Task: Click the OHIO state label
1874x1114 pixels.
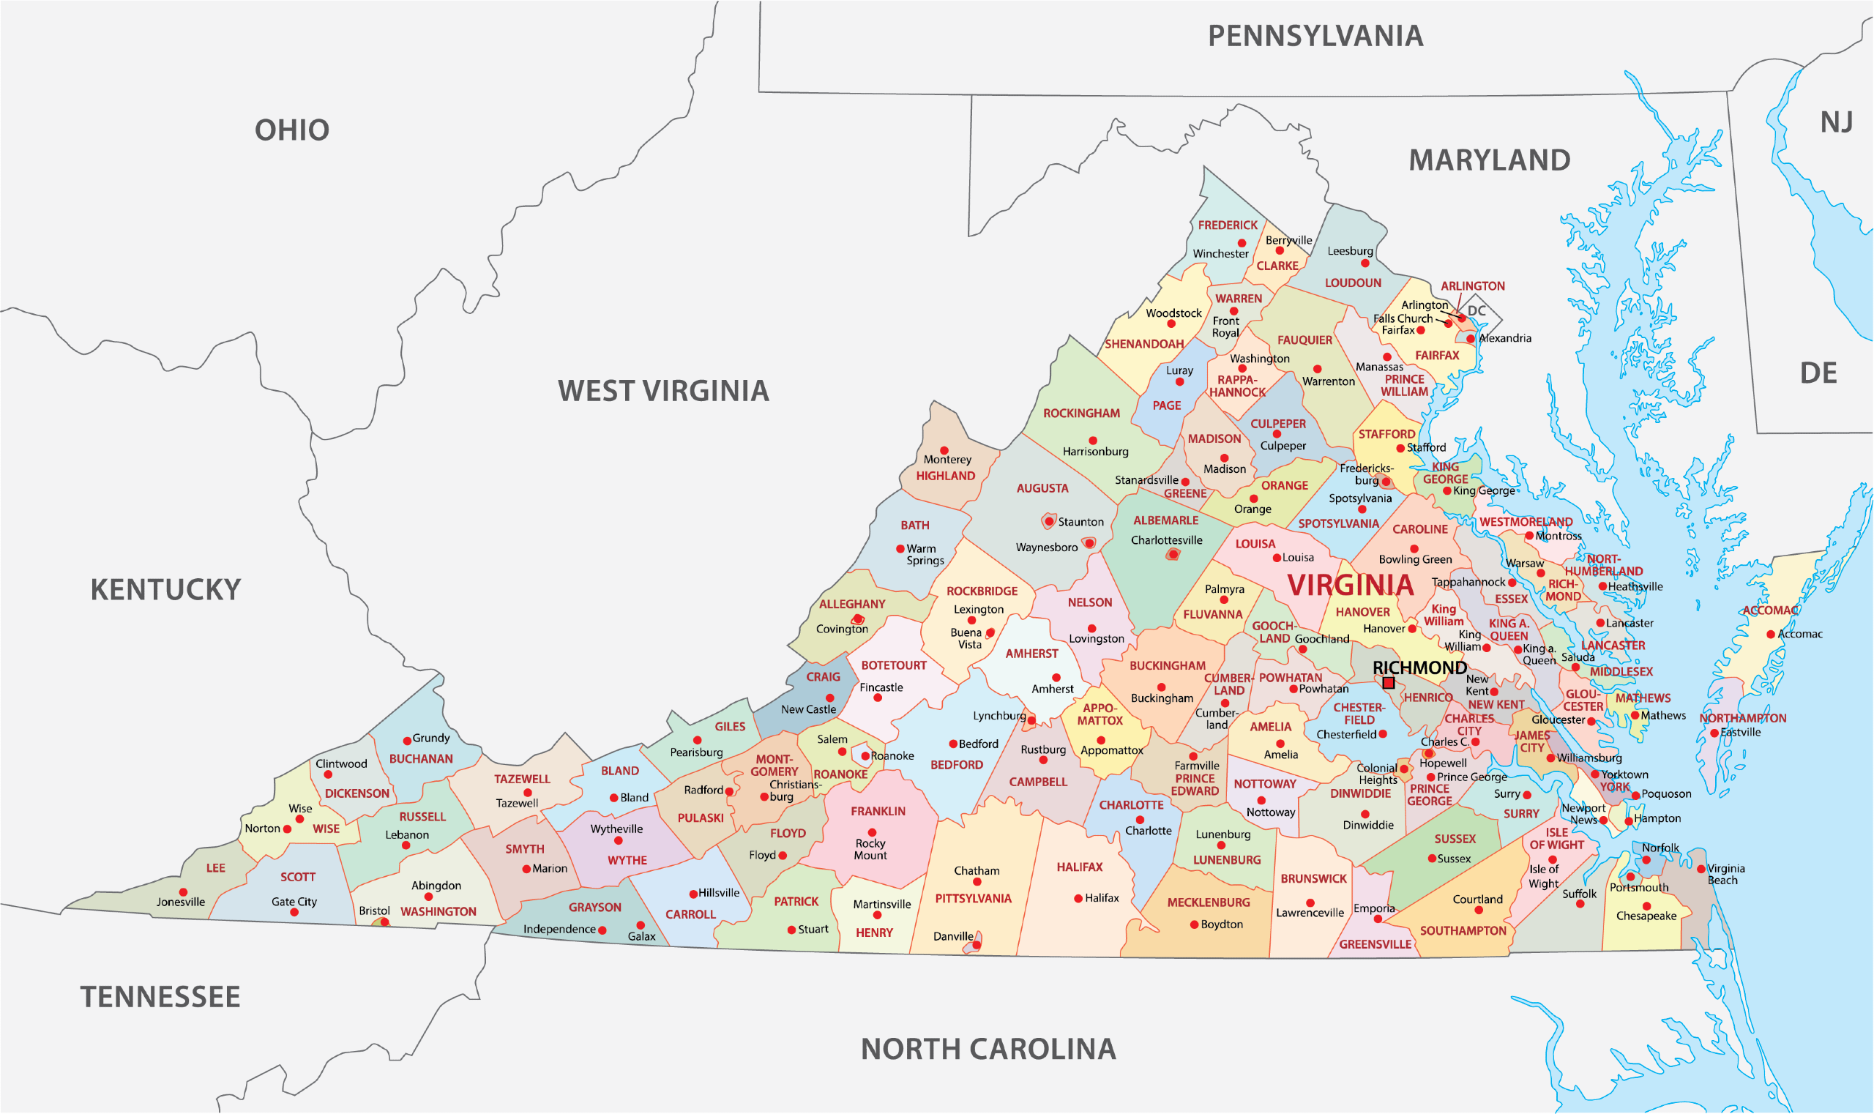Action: coord(292,130)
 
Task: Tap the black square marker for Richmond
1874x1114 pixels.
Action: coord(1389,683)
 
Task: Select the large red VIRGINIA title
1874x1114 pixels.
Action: coord(1351,586)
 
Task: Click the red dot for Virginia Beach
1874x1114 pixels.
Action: coord(1701,870)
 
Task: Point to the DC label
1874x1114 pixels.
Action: coord(1477,311)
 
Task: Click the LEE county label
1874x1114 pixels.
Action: coord(215,869)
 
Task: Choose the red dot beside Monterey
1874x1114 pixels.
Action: coord(944,451)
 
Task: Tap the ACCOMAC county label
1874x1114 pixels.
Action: coord(1770,610)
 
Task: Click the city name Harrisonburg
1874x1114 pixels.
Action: coord(1095,452)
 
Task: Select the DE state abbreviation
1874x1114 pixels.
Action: coord(1818,374)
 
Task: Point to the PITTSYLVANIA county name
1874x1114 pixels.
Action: coord(973,899)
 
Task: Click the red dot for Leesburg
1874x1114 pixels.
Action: coord(1365,263)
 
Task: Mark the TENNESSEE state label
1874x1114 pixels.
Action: coord(160,998)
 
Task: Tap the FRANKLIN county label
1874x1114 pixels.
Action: coord(878,812)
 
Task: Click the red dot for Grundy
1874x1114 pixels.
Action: coord(407,741)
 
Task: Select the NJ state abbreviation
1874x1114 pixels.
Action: coord(1837,122)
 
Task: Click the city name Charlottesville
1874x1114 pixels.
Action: coord(1167,540)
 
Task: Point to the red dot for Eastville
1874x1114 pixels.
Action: coord(1714,733)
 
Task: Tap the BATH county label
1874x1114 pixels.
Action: coord(914,526)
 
